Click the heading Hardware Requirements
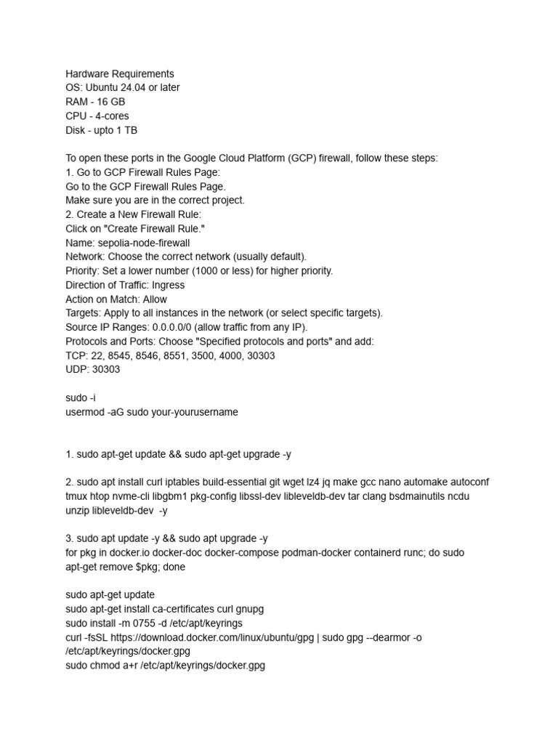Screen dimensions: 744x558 [x=120, y=73]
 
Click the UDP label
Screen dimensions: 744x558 [x=76, y=369]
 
